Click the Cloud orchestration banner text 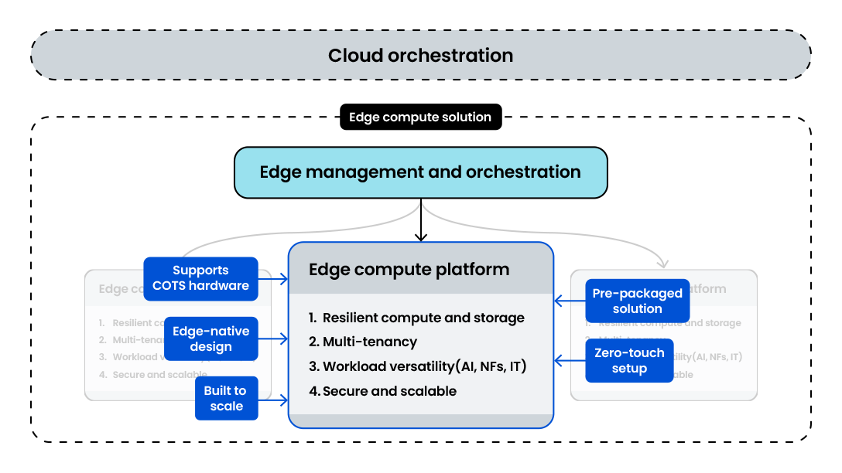point(420,56)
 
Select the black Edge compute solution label point(420,117)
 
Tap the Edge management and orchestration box point(420,172)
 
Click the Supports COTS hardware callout point(200,278)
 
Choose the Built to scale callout point(226,399)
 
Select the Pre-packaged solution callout point(637,301)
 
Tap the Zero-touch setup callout point(629,360)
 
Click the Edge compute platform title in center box point(409,270)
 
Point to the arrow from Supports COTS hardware point(273,279)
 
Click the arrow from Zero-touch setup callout point(570,360)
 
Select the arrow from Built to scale point(273,399)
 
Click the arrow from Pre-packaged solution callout point(570,301)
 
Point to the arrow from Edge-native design point(273,339)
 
